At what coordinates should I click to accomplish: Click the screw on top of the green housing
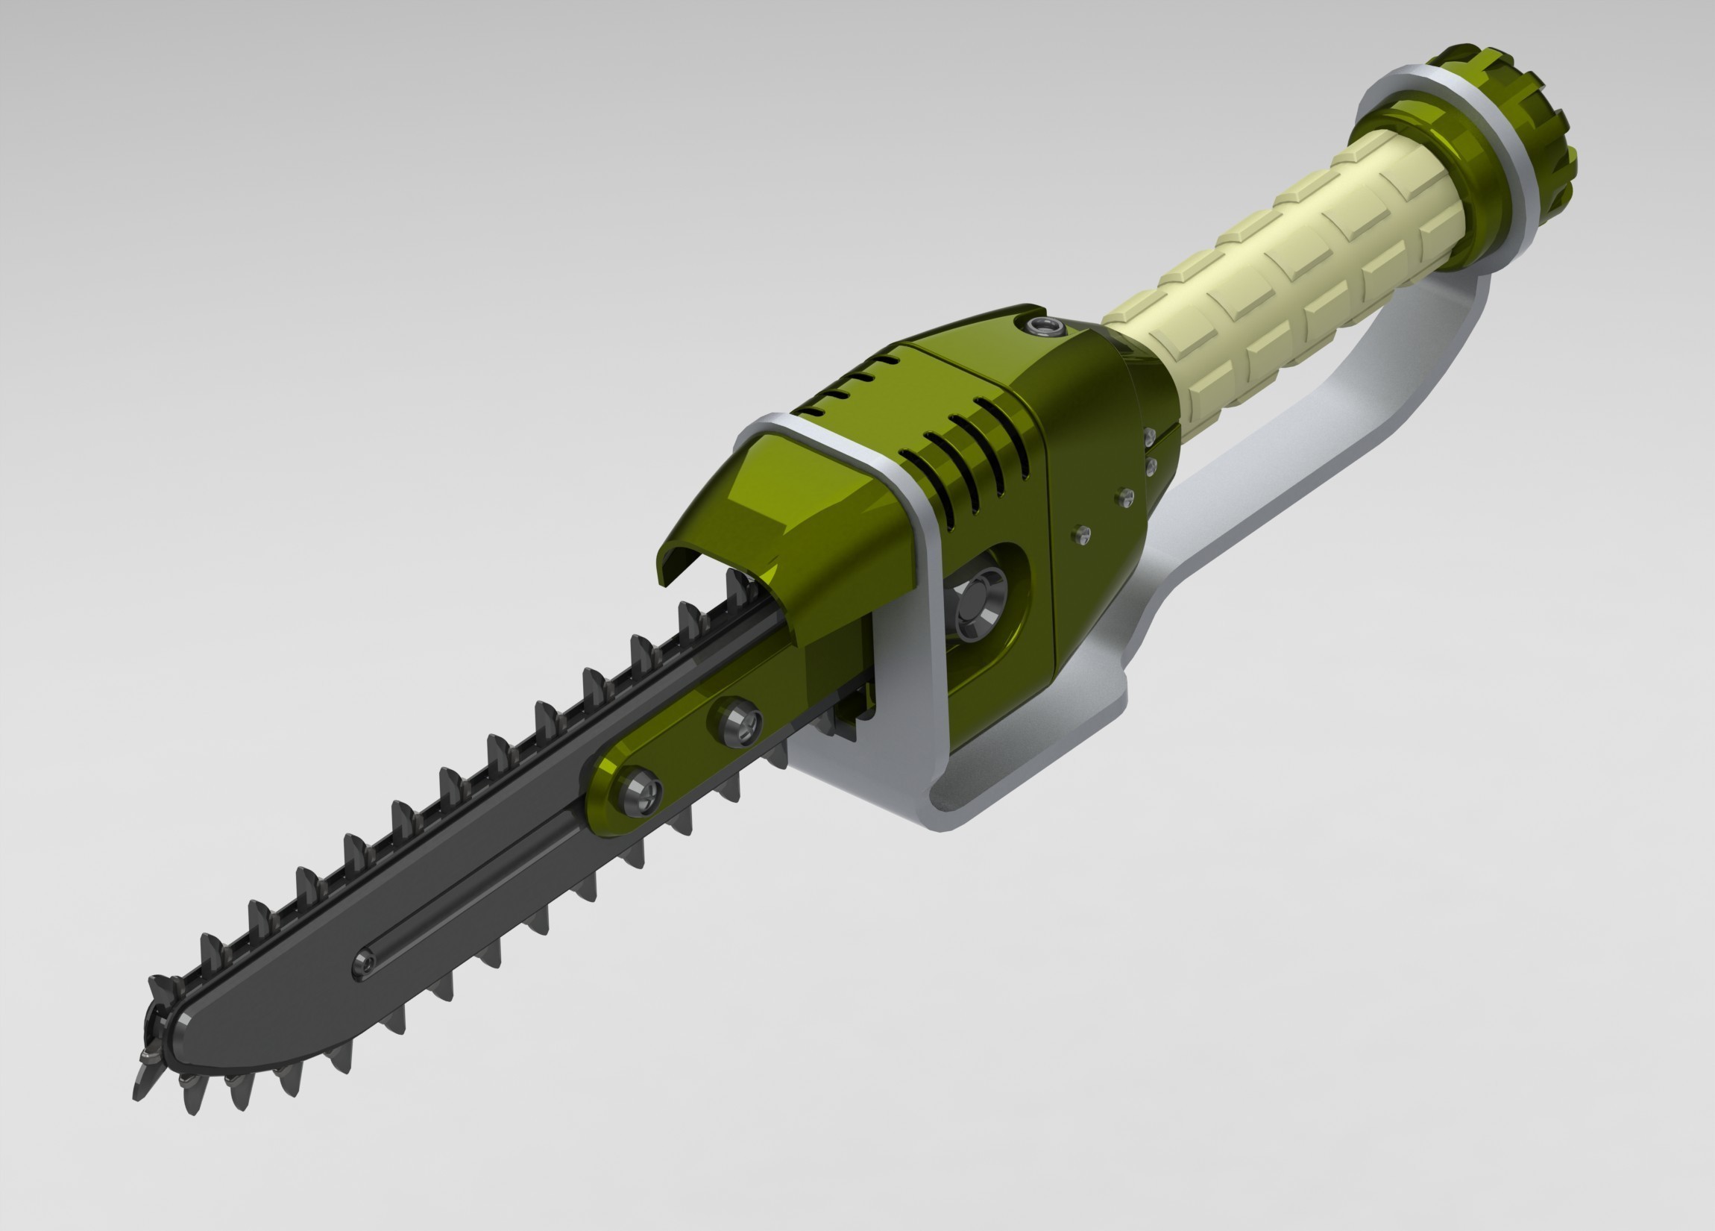pos(1046,327)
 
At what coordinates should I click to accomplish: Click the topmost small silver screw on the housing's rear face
pos(1149,436)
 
